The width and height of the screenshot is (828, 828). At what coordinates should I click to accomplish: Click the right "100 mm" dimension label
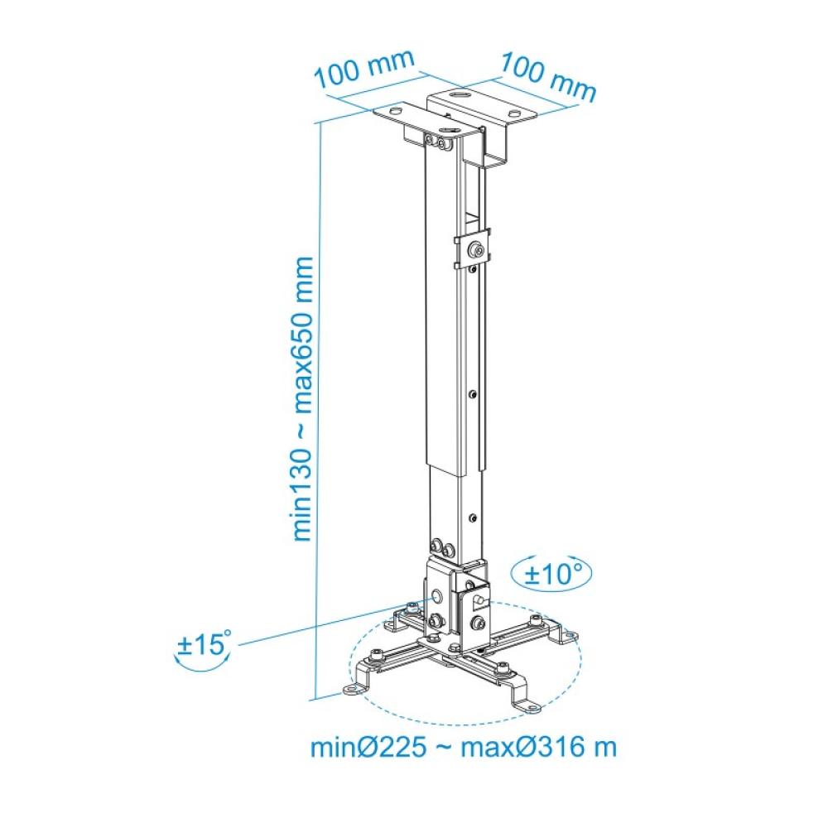click(549, 77)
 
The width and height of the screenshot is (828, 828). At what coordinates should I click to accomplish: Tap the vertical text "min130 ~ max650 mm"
click(304, 398)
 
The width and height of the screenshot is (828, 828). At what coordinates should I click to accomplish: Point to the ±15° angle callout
click(204, 645)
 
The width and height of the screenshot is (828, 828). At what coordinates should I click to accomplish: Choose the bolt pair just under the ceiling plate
click(440, 143)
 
